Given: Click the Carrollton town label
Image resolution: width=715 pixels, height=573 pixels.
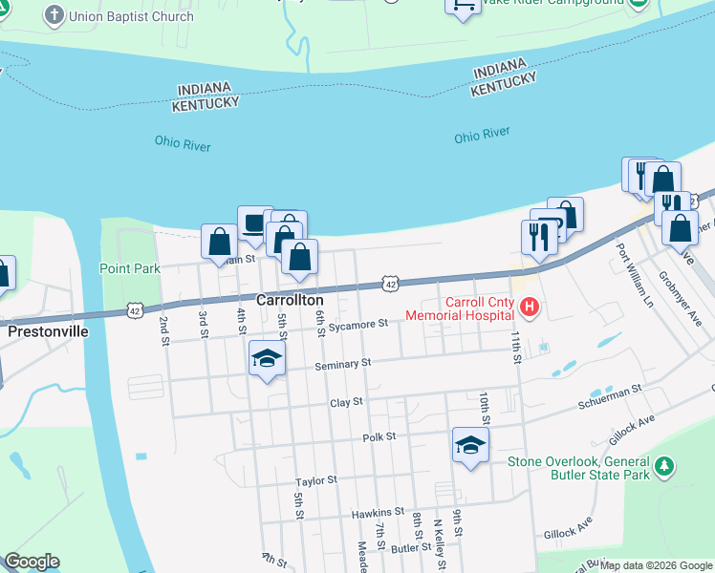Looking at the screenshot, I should click(291, 300).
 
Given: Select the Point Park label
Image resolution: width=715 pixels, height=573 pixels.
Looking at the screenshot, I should click(130, 268).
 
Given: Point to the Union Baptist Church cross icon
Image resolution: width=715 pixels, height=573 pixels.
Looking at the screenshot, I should click(53, 15).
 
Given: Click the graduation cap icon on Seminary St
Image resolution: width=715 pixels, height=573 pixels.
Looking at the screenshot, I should click(268, 359).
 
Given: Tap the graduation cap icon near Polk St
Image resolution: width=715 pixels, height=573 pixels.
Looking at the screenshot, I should click(469, 445).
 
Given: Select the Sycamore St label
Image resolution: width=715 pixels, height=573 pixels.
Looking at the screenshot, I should click(357, 325).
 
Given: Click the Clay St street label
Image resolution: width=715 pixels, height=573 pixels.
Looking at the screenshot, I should click(345, 402).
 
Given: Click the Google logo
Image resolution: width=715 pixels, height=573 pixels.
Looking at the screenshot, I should click(32, 562).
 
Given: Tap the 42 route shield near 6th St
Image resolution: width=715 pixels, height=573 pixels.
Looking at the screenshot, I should click(389, 283).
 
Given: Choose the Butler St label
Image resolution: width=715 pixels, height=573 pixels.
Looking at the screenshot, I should click(411, 548).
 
